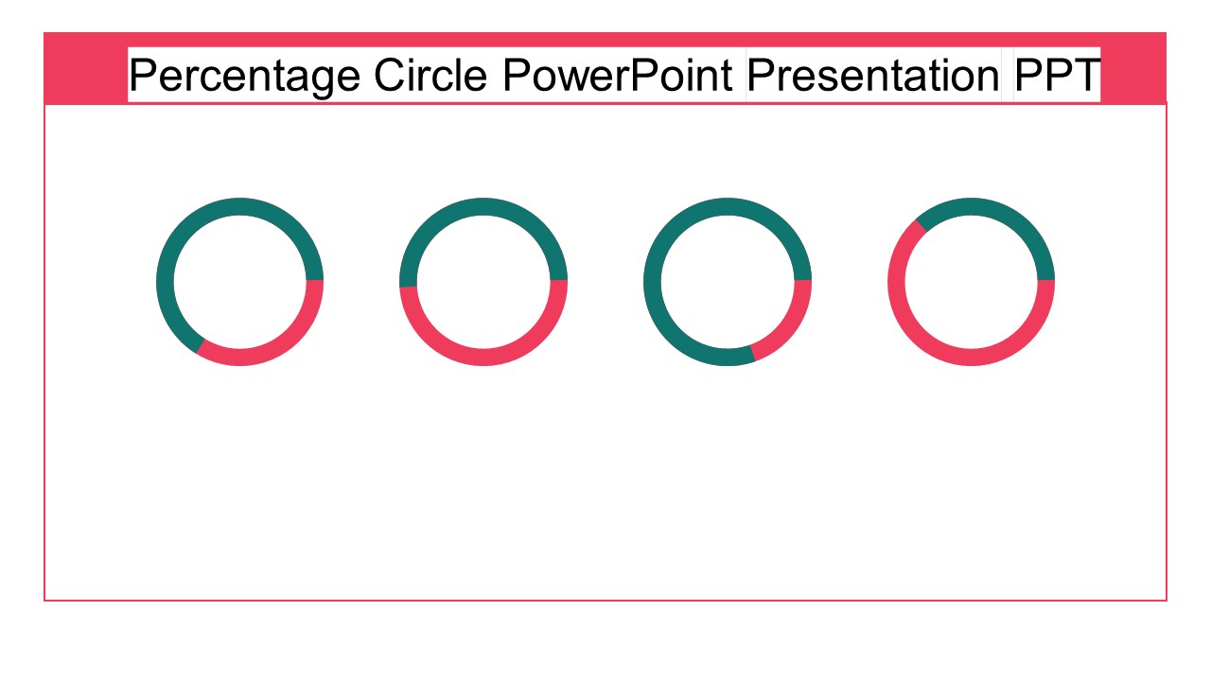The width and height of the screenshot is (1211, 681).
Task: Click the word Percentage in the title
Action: pyautogui.click(x=244, y=76)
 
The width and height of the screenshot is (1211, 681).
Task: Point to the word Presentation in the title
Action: pyautogui.click(x=872, y=76)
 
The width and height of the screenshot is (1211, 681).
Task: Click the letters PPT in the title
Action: pyautogui.click(x=1057, y=76)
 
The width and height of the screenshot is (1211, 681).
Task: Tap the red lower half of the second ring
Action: pyautogui.click(x=483, y=357)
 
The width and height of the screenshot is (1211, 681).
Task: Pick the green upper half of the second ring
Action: pyautogui.click(x=483, y=207)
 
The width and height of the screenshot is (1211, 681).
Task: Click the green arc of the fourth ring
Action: pyautogui.click(x=1003, y=214)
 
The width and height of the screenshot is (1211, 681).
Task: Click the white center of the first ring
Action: pyautogui.click(x=239, y=282)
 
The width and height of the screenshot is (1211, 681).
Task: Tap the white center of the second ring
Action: pyautogui.click(x=483, y=282)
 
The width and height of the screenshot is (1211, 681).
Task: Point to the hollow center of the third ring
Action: pyautogui.click(x=727, y=282)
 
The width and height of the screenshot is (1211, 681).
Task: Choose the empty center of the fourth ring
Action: pyautogui.click(x=971, y=282)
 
